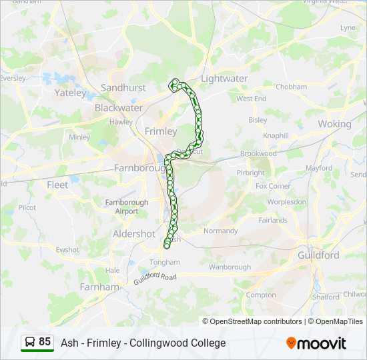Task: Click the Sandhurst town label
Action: pyautogui.click(x=123, y=88)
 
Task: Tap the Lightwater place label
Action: pyautogui.click(x=224, y=79)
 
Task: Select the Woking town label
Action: pyautogui.click(x=334, y=124)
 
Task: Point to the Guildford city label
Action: pyautogui.click(x=318, y=255)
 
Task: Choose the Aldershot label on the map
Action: pyautogui.click(x=133, y=234)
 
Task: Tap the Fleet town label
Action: pyautogui.click(x=57, y=185)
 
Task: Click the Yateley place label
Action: pyautogui.click(x=71, y=93)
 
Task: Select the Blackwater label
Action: pyautogui.click(x=119, y=107)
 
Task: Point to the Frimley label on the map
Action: pyautogui.click(x=161, y=131)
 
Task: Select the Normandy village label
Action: pyautogui.click(x=220, y=231)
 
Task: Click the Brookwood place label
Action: pyautogui.click(x=258, y=153)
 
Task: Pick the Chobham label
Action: pyautogui.click(x=292, y=87)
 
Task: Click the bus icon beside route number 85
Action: pyautogui.click(x=30, y=343)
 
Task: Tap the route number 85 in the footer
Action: pyautogui.click(x=45, y=342)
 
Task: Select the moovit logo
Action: pyautogui.click(x=316, y=343)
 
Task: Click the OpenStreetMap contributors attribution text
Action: pyautogui.click(x=256, y=321)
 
